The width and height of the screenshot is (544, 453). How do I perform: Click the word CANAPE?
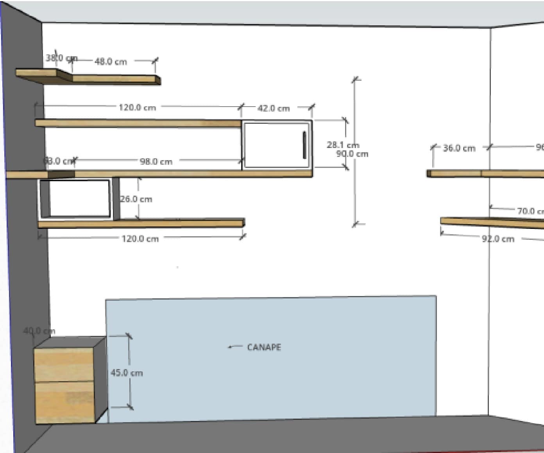[264, 347]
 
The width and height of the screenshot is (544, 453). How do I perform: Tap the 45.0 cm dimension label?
[127, 373]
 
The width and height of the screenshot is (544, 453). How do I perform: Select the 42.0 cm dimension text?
[274, 109]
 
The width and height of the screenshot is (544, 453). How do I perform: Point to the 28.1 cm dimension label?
[343, 145]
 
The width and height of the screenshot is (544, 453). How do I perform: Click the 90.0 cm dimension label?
[353, 154]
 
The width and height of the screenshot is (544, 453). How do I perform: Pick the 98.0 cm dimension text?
[156, 161]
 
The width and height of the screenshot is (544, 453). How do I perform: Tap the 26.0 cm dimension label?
[136, 199]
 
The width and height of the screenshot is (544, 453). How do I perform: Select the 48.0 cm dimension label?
[111, 62]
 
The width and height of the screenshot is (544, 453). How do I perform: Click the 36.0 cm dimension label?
[459, 148]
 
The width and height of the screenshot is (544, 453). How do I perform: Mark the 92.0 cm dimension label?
[498, 239]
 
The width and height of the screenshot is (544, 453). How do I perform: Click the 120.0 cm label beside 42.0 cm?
[137, 107]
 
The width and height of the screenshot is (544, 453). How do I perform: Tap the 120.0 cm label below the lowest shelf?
[140, 239]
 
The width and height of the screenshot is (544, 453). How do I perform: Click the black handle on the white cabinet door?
[304, 145]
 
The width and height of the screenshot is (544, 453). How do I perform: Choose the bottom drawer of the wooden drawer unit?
[65, 402]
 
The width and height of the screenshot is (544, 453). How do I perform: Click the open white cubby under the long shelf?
[79, 198]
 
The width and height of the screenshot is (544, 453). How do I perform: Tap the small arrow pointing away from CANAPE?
[234, 346]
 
